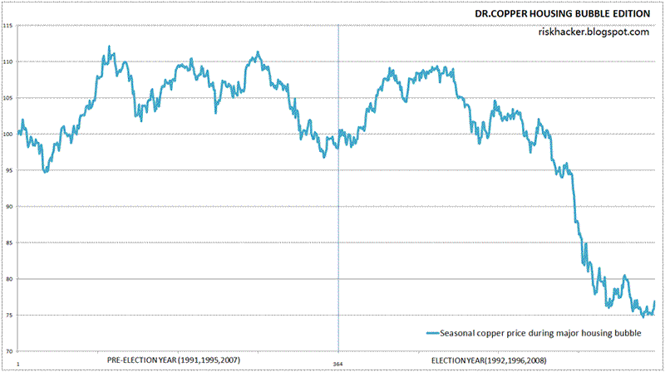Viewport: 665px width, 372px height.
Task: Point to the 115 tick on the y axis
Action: (x=7, y=27)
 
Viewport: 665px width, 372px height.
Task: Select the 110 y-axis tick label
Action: (x=7, y=62)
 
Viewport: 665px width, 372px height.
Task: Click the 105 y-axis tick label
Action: (x=7, y=99)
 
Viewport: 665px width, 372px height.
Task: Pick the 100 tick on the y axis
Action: (x=7, y=135)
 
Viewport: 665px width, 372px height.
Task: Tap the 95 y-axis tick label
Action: (x=8, y=170)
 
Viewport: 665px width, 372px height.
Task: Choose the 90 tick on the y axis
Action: (x=8, y=207)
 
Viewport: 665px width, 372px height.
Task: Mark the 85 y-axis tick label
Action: (x=8, y=242)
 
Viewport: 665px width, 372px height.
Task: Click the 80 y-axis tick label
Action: (x=8, y=279)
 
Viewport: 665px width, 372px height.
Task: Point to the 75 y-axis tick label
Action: (x=8, y=315)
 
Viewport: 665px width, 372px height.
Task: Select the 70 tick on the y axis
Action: (x=8, y=350)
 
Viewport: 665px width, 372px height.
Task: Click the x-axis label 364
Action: (x=338, y=363)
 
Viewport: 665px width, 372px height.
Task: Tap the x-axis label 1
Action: (x=17, y=363)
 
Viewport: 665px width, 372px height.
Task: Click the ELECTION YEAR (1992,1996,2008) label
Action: (x=495, y=360)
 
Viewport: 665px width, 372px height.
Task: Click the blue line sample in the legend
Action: (x=431, y=333)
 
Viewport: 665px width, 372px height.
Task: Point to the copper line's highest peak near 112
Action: (x=110, y=48)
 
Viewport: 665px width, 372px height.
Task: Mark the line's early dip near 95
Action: (x=45, y=171)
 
